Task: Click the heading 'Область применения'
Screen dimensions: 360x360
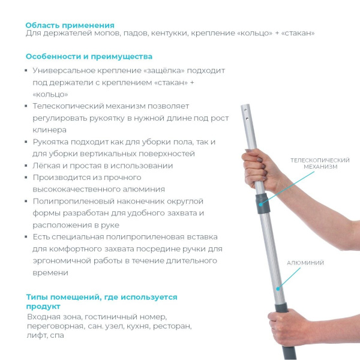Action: (70, 25)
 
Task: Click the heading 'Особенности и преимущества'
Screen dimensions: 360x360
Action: (89, 57)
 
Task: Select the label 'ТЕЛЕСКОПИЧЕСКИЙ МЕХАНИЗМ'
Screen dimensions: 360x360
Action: (320, 163)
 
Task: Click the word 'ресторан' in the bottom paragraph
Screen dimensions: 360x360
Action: (173, 326)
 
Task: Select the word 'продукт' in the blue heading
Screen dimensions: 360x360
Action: (43, 306)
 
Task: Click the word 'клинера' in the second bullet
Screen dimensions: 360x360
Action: (49, 130)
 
